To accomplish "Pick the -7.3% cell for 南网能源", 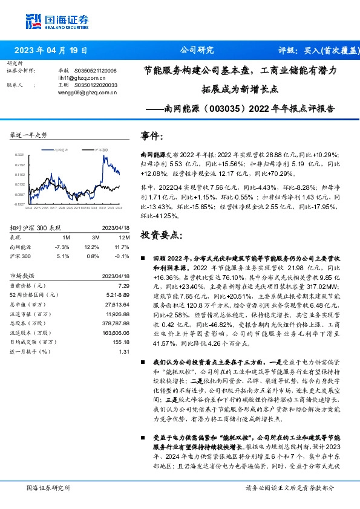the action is [x=62, y=247].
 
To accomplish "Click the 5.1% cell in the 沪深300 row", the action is [x=63, y=256].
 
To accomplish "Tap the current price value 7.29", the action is [x=124, y=285].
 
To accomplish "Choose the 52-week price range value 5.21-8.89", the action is [x=119, y=294].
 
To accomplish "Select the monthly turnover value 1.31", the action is [x=124, y=351].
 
